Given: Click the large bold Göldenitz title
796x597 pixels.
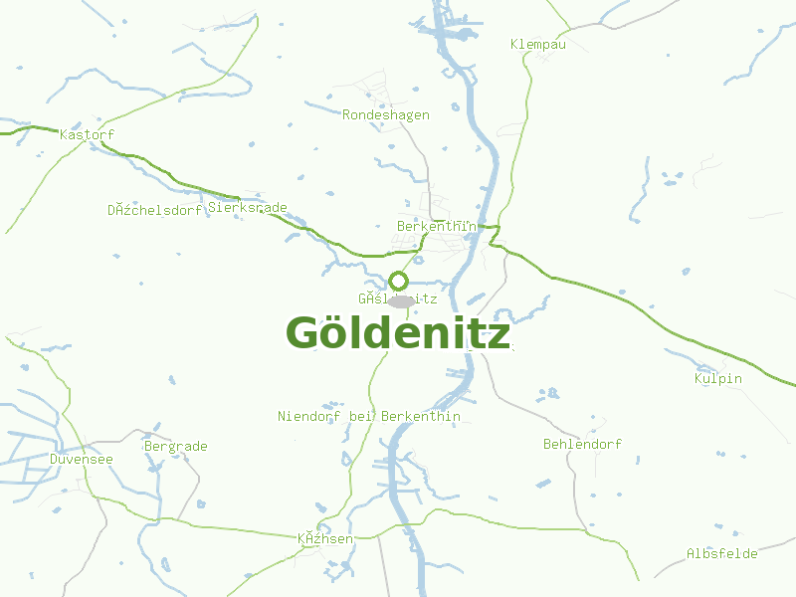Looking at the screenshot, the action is click(x=398, y=333).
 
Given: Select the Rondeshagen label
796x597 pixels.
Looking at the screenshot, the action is click(x=386, y=114).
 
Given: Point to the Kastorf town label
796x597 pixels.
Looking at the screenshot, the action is click(x=88, y=133).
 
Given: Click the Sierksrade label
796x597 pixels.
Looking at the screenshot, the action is click(x=248, y=208).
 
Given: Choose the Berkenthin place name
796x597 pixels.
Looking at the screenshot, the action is click(x=435, y=226).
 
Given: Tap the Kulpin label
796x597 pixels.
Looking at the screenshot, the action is click(x=718, y=378).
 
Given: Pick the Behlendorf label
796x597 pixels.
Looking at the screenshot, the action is click(x=582, y=444).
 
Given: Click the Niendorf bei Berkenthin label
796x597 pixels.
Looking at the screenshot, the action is click(x=369, y=416).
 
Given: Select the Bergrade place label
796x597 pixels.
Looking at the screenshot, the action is click(x=176, y=446).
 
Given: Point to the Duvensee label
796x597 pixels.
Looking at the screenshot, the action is click(x=82, y=459).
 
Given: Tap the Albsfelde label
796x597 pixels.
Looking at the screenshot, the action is click(x=721, y=553).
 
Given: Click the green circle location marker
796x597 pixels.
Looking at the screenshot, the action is click(x=399, y=281).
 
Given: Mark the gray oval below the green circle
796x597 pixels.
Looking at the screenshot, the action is click(x=401, y=300).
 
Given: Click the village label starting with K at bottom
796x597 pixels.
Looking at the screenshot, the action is click(x=325, y=539).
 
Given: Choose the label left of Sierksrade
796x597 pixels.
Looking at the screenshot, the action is click(x=155, y=210).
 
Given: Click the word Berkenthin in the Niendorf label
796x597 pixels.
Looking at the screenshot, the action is click(x=421, y=416).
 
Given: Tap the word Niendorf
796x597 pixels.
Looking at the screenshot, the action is click(x=310, y=416).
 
